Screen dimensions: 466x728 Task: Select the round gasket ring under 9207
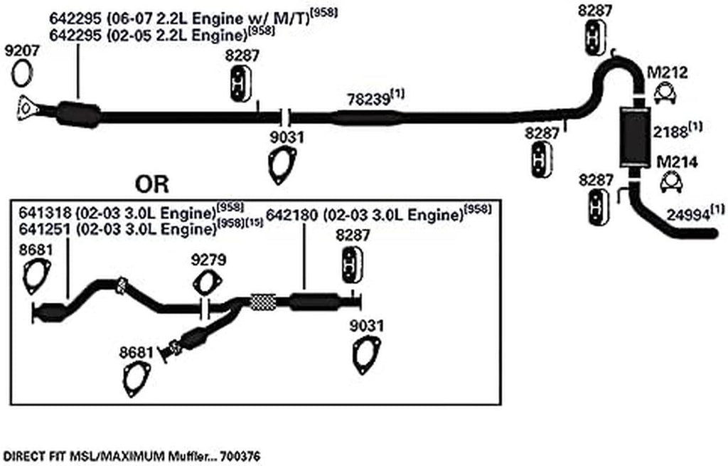coord(23,71)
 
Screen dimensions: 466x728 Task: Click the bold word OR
coord(152,186)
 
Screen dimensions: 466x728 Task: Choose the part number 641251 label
coord(38,229)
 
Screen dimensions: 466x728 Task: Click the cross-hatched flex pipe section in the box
coord(263,302)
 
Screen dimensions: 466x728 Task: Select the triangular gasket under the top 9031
coord(283,165)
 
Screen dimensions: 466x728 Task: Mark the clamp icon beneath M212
coord(665,93)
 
